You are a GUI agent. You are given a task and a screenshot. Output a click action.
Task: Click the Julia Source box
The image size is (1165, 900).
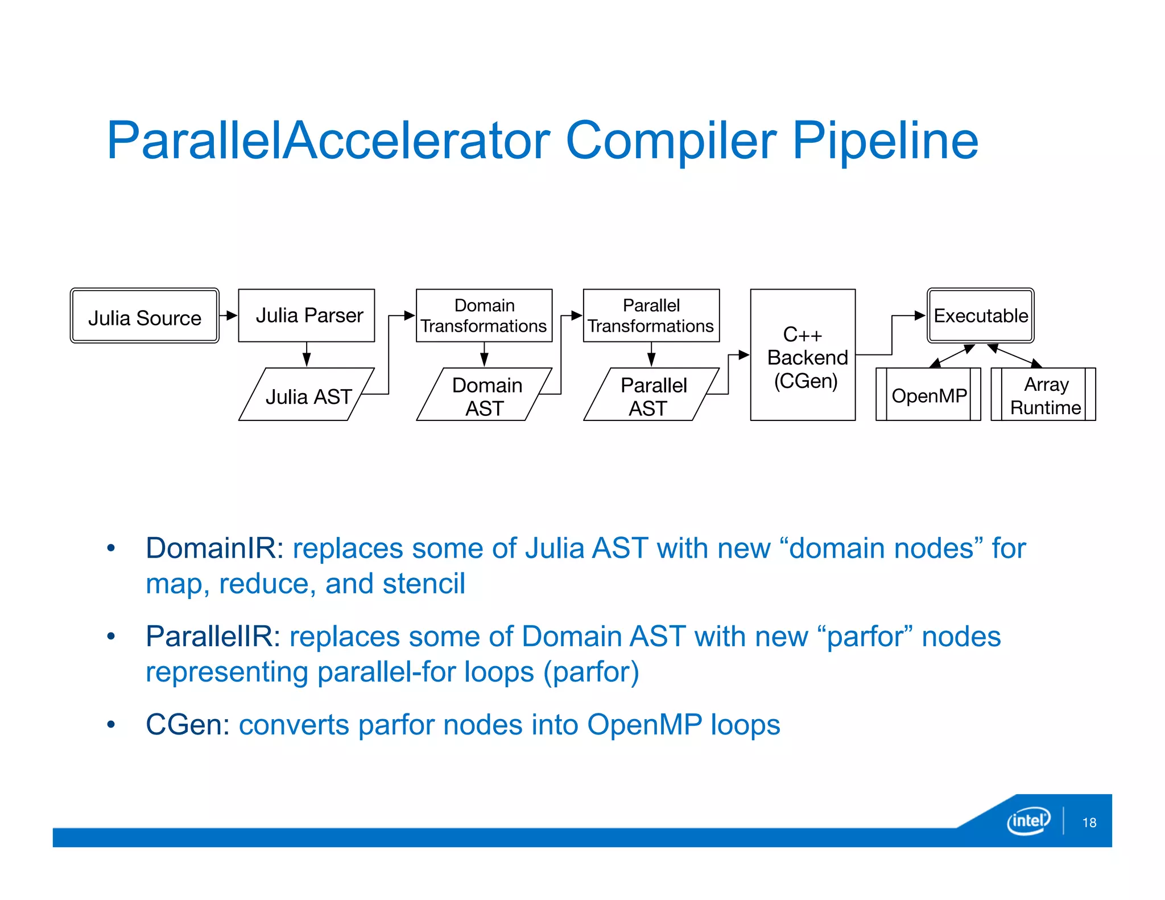tap(144, 316)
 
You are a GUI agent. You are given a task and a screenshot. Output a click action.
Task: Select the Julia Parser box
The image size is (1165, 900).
tap(307, 316)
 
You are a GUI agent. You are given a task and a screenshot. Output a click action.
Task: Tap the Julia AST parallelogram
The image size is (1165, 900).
tap(307, 395)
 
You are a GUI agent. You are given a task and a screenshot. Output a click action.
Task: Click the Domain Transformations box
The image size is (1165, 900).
tap(484, 316)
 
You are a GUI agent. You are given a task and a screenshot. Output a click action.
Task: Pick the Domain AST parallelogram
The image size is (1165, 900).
tap(484, 395)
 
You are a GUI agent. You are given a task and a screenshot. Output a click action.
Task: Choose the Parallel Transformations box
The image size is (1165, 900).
tap(651, 316)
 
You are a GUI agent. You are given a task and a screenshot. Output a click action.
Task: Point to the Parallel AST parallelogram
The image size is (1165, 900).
tap(651, 395)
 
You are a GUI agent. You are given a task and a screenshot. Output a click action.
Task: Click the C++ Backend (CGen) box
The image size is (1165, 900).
tap(803, 356)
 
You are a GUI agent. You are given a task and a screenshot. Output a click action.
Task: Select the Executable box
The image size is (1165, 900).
tap(981, 316)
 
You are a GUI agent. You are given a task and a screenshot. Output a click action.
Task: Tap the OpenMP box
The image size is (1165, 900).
tap(928, 395)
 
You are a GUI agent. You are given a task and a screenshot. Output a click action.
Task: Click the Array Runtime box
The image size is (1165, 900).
tap(1043, 395)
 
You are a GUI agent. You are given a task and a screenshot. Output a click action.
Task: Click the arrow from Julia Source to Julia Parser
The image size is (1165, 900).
tap(228, 316)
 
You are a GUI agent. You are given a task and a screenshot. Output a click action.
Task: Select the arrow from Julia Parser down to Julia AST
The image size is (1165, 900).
tap(307, 354)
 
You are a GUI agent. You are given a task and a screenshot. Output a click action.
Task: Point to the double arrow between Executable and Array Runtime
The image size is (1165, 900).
tap(1015, 356)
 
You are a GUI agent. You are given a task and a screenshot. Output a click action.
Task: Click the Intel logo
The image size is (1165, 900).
tap(1028, 820)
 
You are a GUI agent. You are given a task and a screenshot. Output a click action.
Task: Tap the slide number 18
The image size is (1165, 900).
tap(1089, 823)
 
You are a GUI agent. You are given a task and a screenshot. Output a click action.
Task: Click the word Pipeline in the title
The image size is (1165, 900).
tap(885, 141)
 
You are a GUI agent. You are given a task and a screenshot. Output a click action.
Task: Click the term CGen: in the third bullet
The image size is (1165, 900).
tap(188, 725)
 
